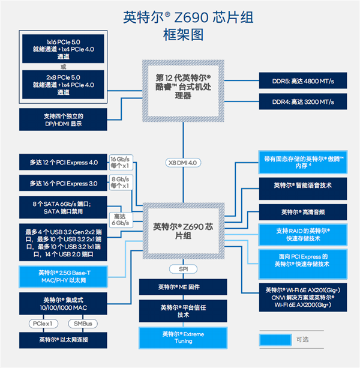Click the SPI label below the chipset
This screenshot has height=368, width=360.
[x=183, y=269]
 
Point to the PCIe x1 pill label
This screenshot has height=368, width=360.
[x=41, y=324]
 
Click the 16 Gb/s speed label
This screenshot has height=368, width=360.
[x=119, y=163]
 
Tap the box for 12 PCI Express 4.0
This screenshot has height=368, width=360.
[x=63, y=162]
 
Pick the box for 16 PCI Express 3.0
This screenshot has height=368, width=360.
[x=63, y=182]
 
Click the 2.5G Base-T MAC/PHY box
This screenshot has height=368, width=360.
[x=63, y=276]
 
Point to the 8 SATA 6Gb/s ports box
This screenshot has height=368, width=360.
[x=63, y=207]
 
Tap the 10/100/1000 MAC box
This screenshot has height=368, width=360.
[x=63, y=304]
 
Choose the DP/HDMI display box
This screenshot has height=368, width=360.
[x=63, y=119]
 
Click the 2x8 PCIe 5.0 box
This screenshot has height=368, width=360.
[x=63, y=85]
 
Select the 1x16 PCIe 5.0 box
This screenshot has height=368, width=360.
[x=63, y=47]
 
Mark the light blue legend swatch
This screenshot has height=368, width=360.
[x=275, y=339]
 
